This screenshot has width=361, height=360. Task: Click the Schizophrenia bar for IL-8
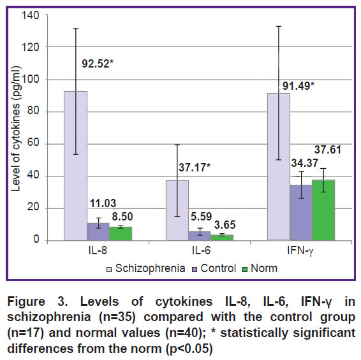(x=75, y=166)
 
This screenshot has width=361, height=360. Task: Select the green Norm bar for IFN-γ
(x=323, y=210)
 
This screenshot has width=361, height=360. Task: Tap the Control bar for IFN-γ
(x=301, y=213)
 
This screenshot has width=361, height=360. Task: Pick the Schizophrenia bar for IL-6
(x=177, y=210)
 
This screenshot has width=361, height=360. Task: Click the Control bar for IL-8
(x=98, y=232)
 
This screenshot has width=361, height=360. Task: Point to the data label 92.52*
(x=98, y=64)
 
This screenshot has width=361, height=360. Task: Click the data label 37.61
(x=328, y=150)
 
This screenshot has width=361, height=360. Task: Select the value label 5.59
(x=201, y=217)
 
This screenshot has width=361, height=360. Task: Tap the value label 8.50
(x=122, y=217)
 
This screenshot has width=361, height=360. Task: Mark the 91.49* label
(x=298, y=86)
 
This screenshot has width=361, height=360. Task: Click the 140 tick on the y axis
(x=31, y=15)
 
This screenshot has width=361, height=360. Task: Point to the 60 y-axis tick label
(x=33, y=143)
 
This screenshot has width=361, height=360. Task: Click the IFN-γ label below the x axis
(x=300, y=251)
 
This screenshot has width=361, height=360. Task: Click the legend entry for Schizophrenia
(x=146, y=268)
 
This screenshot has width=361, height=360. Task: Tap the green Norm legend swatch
(x=245, y=270)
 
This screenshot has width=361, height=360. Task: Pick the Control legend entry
(x=214, y=268)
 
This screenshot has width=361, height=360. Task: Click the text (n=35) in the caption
(x=117, y=317)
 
